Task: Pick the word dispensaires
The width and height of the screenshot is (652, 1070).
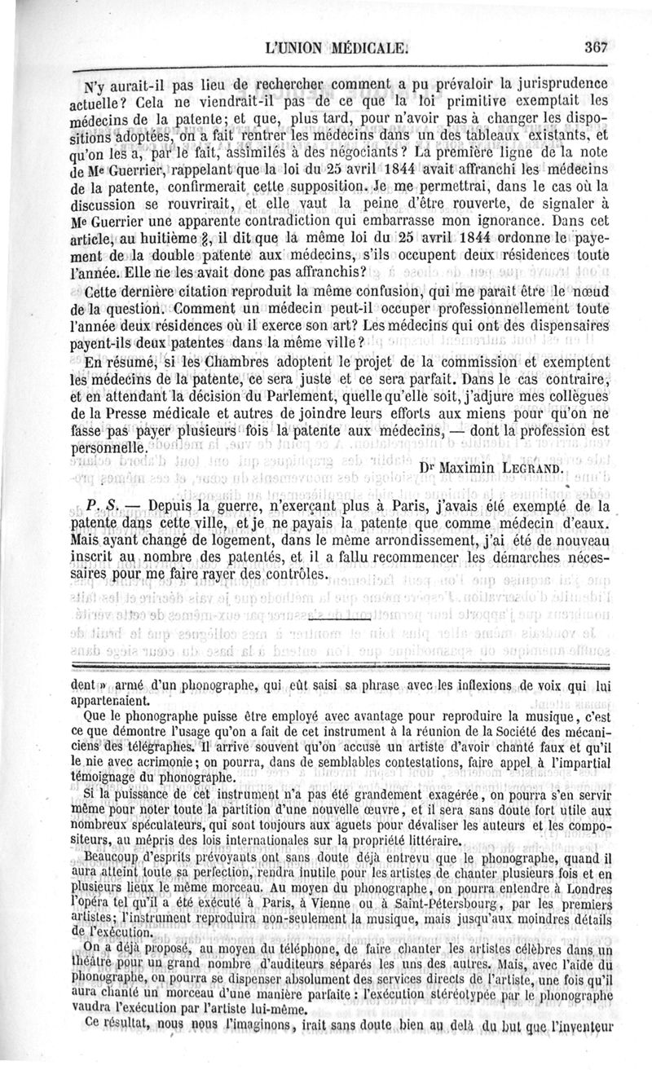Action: pyautogui.click(x=566, y=326)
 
